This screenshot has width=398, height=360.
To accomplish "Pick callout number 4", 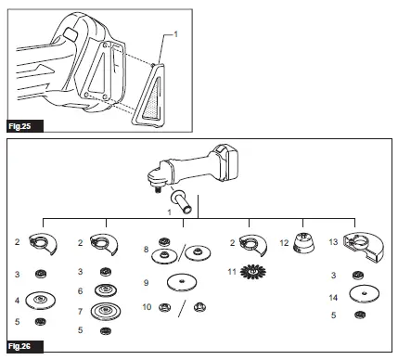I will (x=17, y=300).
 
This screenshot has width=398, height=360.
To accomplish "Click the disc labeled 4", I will (x=40, y=301).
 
